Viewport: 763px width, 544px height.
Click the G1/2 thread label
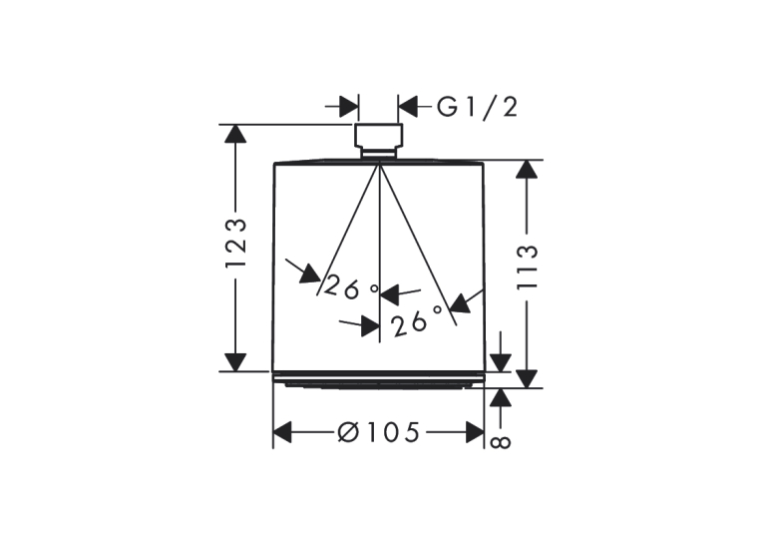[x=477, y=107]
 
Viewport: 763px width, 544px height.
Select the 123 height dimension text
[x=236, y=244]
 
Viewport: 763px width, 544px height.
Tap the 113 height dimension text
[x=527, y=268]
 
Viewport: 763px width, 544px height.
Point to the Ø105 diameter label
[x=378, y=432]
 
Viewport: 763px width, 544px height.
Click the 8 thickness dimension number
[x=501, y=442]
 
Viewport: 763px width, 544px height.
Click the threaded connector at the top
[x=379, y=141]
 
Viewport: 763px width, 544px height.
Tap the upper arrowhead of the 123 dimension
[x=235, y=134]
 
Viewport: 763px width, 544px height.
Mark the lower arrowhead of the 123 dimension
[x=235, y=362]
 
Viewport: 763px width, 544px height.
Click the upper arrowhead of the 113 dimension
[x=527, y=169]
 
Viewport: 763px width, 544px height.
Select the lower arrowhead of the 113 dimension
[x=527, y=379]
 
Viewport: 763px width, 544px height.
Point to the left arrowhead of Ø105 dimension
[x=282, y=432]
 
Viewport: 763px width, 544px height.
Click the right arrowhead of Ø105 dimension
[x=475, y=432]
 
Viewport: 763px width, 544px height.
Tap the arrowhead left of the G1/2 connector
[x=349, y=107]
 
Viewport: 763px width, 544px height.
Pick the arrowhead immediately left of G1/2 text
[x=408, y=107]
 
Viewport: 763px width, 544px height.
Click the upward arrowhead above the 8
[x=501, y=398]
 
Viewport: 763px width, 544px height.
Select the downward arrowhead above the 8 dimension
[x=501, y=362]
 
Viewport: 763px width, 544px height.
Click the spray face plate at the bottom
[x=379, y=380]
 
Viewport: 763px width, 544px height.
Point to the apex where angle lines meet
[x=379, y=165]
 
